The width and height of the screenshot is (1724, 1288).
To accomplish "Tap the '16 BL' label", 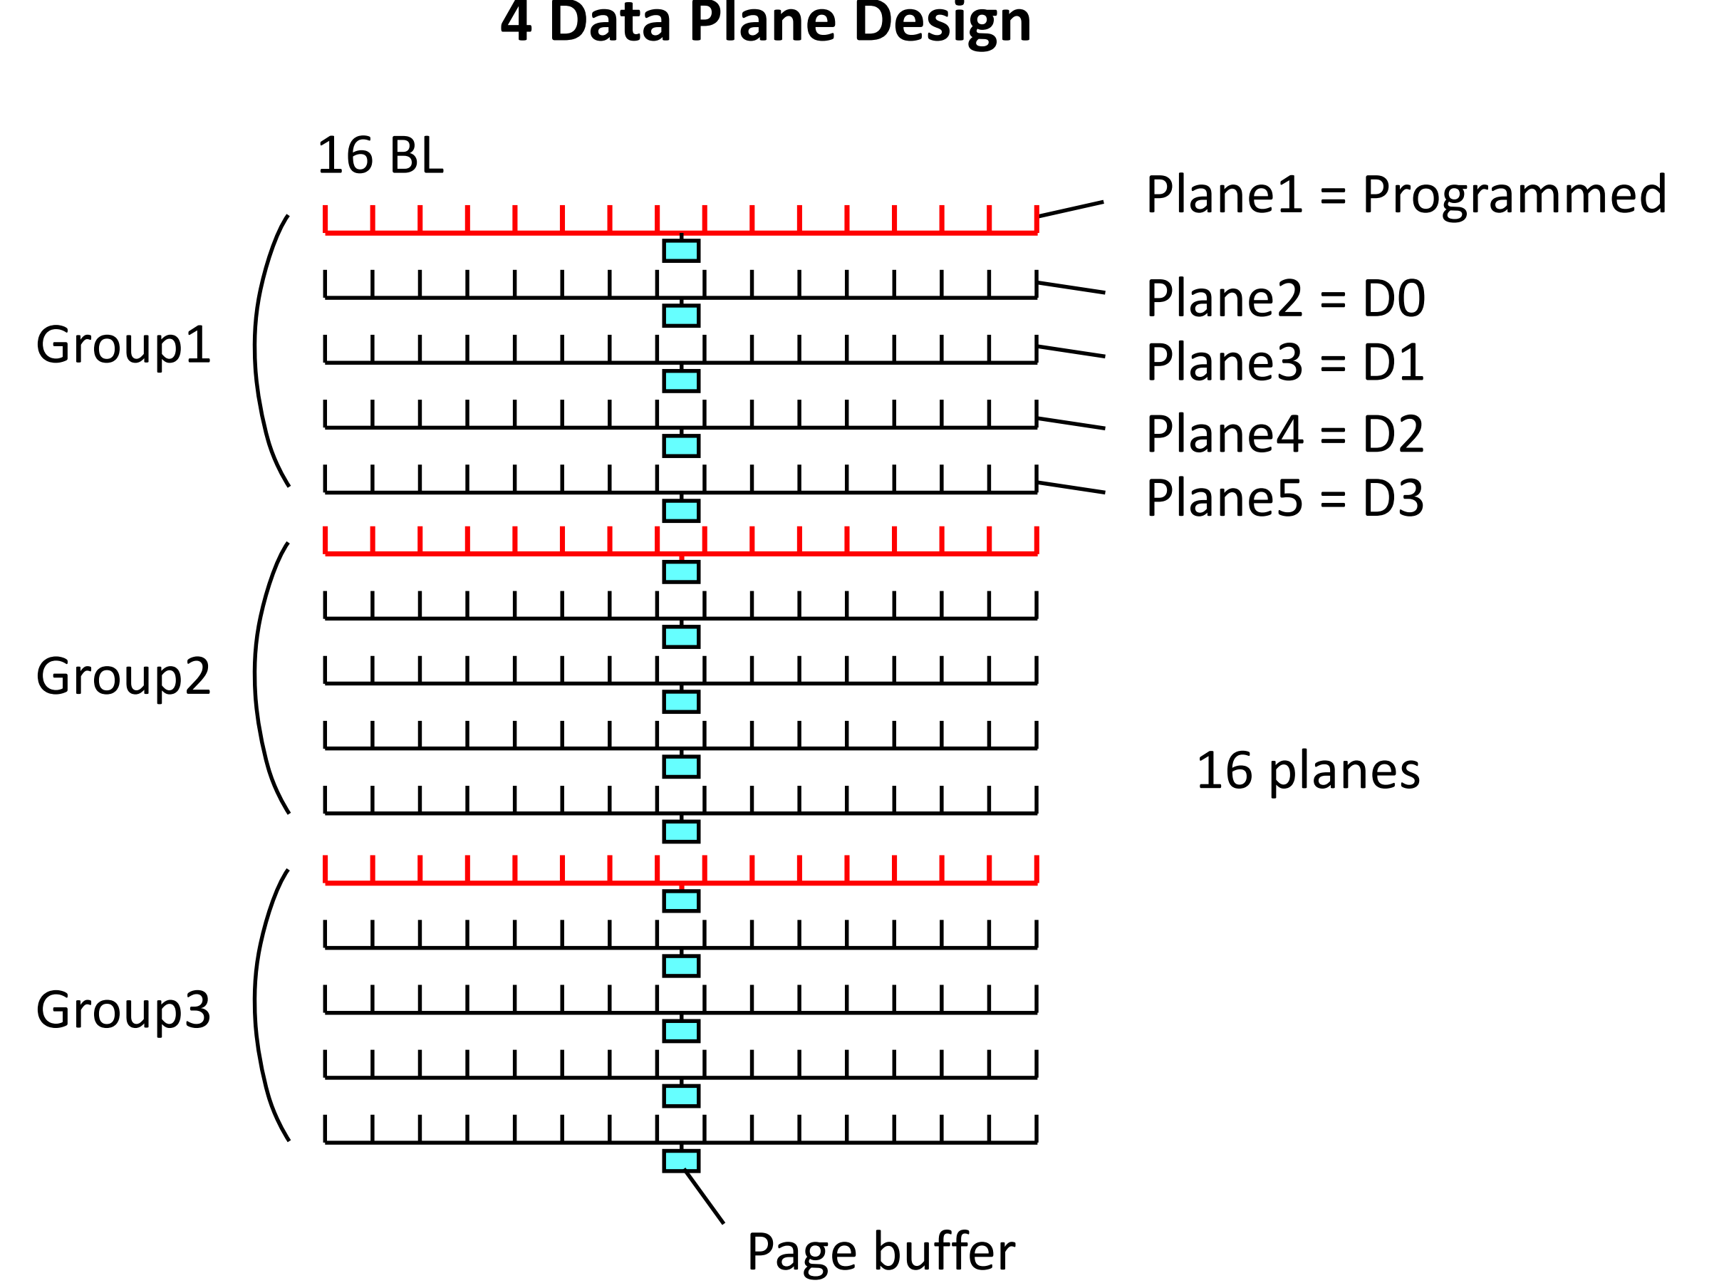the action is tap(380, 156).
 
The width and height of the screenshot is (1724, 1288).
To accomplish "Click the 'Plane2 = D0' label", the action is tap(1285, 298).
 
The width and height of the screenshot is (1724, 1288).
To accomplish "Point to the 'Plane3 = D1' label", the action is tap(1284, 363).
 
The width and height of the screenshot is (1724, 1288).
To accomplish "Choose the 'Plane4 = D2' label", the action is tap(1284, 434).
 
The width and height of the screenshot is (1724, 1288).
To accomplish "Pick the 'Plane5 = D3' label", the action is tap(1284, 499).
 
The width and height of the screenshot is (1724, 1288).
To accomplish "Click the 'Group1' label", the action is tap(123, 346).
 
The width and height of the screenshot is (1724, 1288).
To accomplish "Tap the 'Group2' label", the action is tap(123, 676).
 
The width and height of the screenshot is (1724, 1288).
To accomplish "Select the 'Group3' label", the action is tap(123, 1010).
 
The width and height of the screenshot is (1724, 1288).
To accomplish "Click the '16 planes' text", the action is tap(1308, 772).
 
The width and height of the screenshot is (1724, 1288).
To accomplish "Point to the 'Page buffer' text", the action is tap(881, 1252).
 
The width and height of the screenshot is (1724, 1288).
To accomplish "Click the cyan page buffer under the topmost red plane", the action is tap(680, 251).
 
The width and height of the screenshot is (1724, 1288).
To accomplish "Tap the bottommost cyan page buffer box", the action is tap(680, 1161).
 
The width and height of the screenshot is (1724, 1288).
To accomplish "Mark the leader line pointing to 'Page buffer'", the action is tap(705, 1198).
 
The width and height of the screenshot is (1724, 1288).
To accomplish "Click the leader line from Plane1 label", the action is tap(1070, 209).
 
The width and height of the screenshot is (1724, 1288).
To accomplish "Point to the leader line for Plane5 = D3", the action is tap(1071, 487).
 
